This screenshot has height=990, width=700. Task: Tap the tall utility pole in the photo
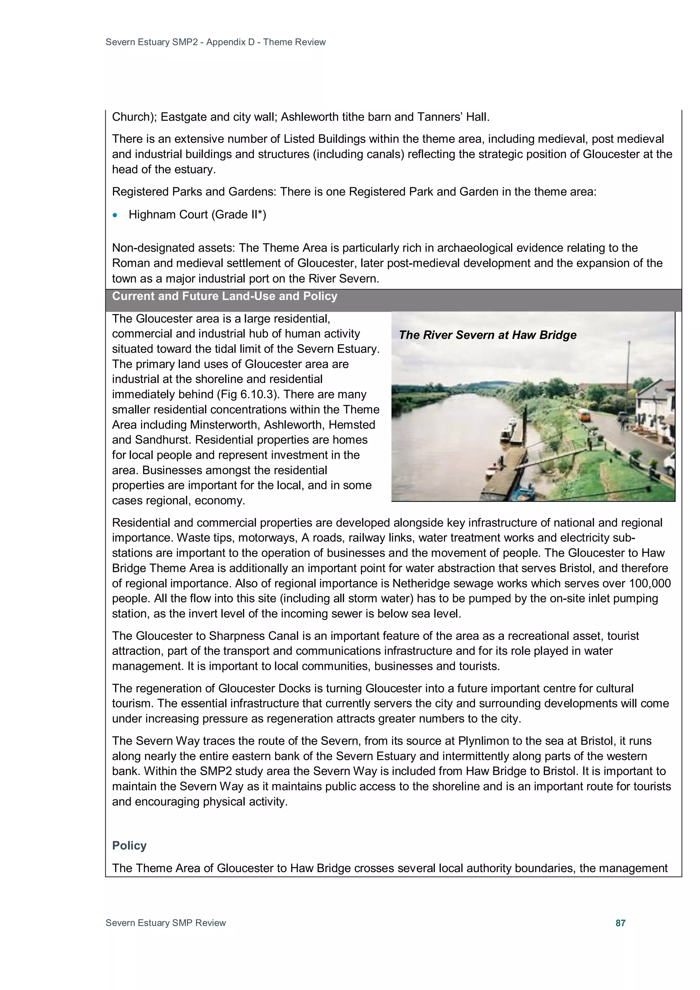coord(629,379)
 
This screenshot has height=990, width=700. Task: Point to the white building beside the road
coord(656,401)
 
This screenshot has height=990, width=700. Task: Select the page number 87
coord(620,923)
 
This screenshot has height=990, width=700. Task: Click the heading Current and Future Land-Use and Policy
coord(225,296)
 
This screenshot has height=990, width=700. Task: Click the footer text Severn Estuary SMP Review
coord(166,923)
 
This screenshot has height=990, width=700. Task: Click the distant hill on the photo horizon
coord(492,384)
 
